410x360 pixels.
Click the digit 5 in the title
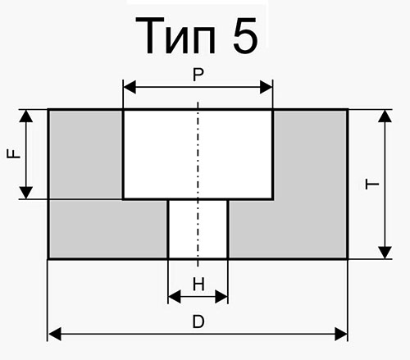click(245, 35)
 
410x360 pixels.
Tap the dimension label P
click(198, 75)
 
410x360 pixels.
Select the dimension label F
click(14, 154)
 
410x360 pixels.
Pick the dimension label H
click(198, 284)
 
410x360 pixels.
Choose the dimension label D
click(198, 321)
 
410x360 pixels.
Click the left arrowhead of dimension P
click(130, 87)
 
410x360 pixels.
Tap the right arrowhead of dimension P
click(266, 87)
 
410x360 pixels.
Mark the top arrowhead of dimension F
click(26, 116)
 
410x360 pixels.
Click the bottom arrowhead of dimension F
click(26, 193)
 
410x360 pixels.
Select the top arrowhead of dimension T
click(385, 116)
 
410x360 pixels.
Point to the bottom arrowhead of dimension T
click(385, 253)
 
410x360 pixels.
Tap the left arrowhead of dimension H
click(175, 297)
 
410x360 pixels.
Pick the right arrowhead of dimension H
click(221, 297)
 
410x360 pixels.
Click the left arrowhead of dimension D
click(55, 334)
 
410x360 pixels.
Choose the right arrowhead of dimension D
click(341, 334)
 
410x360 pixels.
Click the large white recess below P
click(198, 154)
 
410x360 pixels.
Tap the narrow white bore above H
click(198, 229)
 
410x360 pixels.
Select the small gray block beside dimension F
click(85, 154)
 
